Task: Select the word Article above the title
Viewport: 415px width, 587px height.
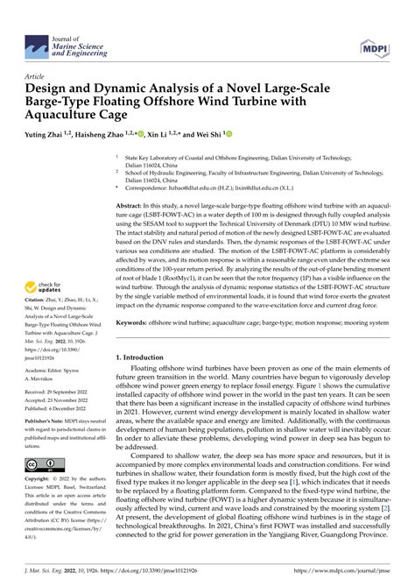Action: point(39,76)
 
